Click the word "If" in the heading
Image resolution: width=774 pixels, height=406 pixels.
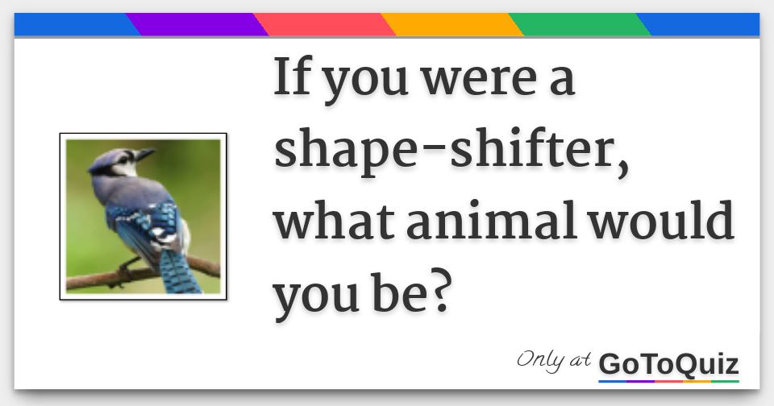pyautogui.click(x=293, y=77)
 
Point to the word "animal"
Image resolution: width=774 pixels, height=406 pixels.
pyautogui.click(x=492, y=221)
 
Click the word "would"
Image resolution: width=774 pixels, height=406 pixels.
pyautogui.click(x=661, y=220)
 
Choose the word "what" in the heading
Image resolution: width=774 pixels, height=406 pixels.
pyautogui.click(x=334, y=221)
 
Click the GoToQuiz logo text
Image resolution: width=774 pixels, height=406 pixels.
pyautogui.click(x=669, y=365)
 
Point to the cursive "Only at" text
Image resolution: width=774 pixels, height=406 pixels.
pyautogui.click(x=554, y=360)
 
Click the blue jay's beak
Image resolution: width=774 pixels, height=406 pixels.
pyautogui.click(x=145, y=154)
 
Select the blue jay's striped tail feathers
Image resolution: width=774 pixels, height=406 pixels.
pyautogui.click(x=179, y=271)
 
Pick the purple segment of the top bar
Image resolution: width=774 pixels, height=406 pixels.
pyautogui.click(x=198, y=25)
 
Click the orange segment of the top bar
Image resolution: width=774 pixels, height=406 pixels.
pyautogui.click(x=452, y=25)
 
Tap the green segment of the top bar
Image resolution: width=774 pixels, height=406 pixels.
pyautogui.click(x=580, y=25)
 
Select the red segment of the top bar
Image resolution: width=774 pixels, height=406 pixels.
pyautogui.click(x=325, y=25)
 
